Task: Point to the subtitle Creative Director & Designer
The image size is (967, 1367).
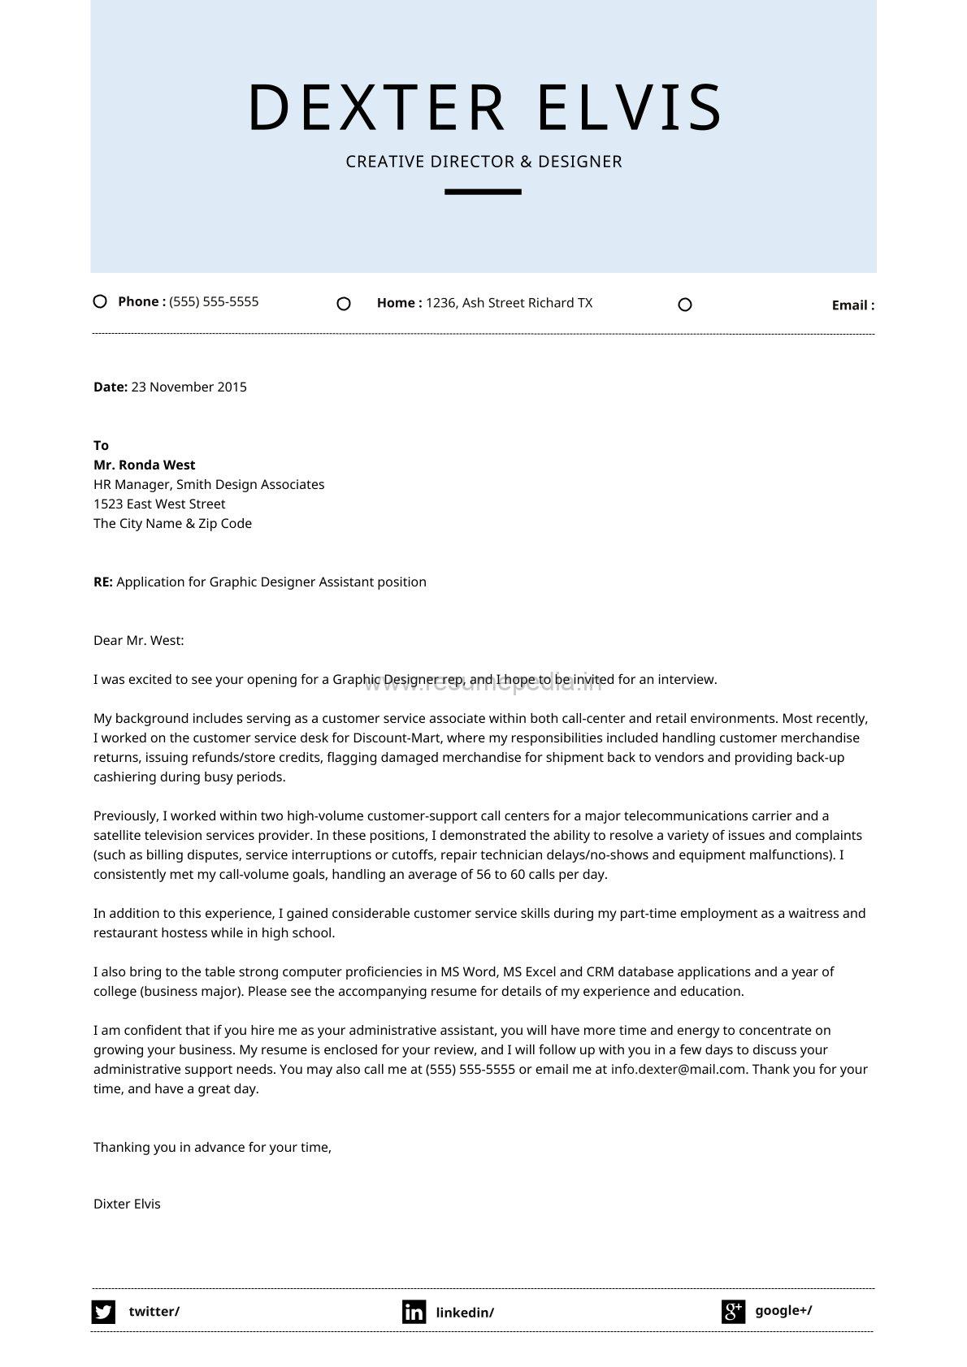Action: point(483,162)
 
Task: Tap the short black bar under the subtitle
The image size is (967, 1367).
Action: point(483,192)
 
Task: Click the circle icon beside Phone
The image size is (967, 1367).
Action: point(100,301)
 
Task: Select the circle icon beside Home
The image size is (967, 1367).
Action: point(344,304)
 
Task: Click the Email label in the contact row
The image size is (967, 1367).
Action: point(852,305)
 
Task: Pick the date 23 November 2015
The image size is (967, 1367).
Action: point(189,387)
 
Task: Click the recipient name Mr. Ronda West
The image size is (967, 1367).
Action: point(145,465)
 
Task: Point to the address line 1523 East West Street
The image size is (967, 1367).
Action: point(159,504)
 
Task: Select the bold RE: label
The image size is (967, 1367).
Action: point(103,582)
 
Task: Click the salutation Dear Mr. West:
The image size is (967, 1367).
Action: point(139,640)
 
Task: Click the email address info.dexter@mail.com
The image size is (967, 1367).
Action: point(678,1069)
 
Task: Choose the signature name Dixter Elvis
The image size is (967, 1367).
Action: point(127,1204)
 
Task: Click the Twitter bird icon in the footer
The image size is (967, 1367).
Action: point(103,1312)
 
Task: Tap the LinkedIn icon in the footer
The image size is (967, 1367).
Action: point(414,1312)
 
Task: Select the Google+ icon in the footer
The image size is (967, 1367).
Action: point(733,1311)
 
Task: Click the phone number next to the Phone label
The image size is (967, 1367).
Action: point(214,301)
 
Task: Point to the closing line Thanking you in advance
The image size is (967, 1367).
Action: point(212,1147)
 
